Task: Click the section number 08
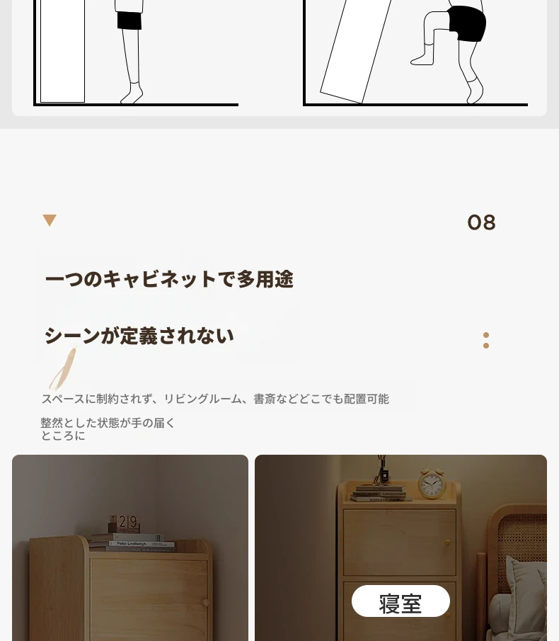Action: click(481, 223)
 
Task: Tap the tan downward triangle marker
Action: click(50, 220)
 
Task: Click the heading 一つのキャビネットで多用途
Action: click(169, 280)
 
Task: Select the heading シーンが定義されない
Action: click(139, 336)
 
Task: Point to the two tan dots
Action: click(486, 340)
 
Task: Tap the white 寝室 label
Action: click(400, 601)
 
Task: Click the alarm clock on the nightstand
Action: click(432, 483)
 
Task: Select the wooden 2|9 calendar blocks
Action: click(125, 523)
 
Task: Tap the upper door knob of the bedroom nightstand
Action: click(448, 543)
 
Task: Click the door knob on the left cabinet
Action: click(205, 602)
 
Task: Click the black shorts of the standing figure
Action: click(129, 21)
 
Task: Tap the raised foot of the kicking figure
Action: click(422, 60)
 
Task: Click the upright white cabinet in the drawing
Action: click(62, 51)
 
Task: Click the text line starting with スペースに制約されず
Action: click(215, 399)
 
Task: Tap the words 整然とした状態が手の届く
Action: click(108, 423)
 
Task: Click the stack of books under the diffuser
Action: click(381, 493)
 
